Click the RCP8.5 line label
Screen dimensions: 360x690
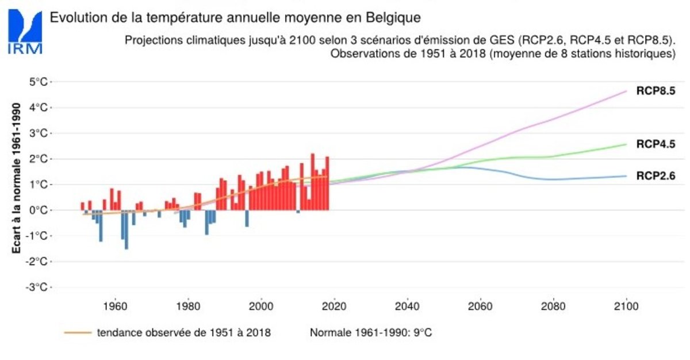655,91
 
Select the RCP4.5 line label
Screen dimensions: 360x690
655,144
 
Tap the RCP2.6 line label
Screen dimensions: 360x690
655,176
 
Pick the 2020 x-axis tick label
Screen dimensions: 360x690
334,306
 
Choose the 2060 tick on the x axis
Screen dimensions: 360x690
480,306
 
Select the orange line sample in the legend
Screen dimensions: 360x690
78,333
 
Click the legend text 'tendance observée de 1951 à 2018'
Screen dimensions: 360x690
183,333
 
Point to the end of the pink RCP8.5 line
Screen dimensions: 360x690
626,91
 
